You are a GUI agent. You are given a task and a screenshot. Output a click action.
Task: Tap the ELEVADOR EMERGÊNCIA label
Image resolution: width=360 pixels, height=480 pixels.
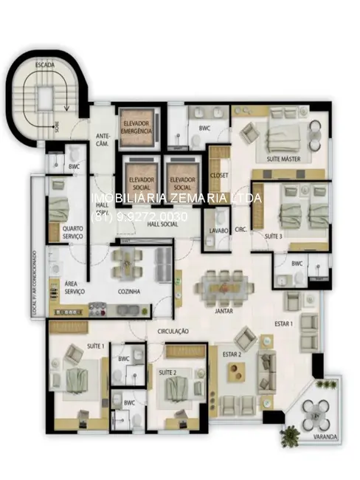click(x=136, y=126)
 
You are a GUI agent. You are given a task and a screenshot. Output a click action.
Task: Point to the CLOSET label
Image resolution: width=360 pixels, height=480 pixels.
click(x=219, y=175)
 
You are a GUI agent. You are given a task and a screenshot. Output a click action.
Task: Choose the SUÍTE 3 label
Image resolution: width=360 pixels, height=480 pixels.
click(x=274, y=235)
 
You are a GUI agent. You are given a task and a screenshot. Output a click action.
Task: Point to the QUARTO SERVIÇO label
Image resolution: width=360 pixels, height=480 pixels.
click(x=74, y=233)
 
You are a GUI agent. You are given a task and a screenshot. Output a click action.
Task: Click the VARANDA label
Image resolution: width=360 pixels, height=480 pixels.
click(x=325, y=438)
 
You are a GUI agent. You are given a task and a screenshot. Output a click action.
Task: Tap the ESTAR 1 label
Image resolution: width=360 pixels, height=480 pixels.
click(x=285, y=324)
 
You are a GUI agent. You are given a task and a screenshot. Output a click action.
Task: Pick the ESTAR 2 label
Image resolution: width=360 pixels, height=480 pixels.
click(x=233, y=354)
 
